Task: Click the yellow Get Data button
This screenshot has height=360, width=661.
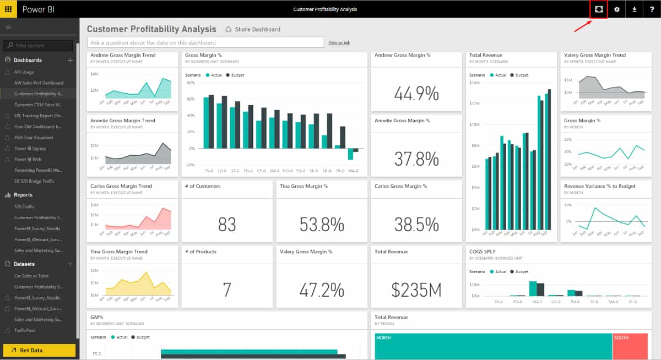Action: (x=39, y=350)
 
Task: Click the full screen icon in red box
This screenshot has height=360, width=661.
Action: (x=599, y=9)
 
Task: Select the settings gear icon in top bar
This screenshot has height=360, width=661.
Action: (x=616, y=9)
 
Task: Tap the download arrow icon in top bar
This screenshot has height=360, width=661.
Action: (x=634, y=9)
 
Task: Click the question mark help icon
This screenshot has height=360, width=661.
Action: (x=652, y=9)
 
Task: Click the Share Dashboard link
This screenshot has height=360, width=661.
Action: (x=253, y=29)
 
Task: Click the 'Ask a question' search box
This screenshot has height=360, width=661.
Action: (x=205, y=42)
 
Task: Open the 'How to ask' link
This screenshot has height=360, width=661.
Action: (x=339, y=42)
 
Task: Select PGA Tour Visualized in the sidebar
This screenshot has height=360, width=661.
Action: (x=34, y=138)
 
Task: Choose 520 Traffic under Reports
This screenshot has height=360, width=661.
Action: (x=24, y=206)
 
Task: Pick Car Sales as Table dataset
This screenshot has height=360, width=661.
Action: (x=31, y=276)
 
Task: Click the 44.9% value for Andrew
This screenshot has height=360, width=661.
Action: (x=416, y=94)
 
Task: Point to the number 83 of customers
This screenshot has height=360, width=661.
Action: (x=227, y=224)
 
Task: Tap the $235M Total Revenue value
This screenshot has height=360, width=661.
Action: (x=416, y=290)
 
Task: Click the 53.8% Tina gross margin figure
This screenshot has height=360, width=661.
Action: (x=322, y=224)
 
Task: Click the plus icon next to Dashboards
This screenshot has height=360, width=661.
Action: (x=70, y=60)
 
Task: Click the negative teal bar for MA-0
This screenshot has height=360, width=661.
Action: (x=350, y=154)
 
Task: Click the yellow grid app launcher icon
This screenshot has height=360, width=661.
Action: (x=8, y=9)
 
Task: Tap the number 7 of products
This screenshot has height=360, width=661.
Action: (x=227, y=290)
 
